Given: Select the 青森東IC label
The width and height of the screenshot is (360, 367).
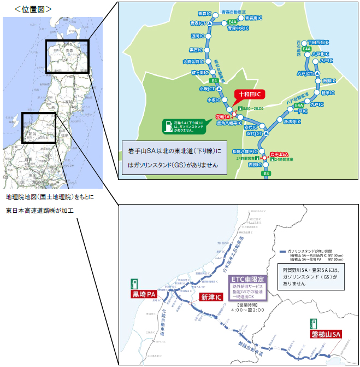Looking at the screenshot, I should click(252, 18).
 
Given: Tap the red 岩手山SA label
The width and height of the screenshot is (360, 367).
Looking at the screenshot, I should click(278, 155).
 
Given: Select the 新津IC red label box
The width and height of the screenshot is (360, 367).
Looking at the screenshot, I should click(212, 298).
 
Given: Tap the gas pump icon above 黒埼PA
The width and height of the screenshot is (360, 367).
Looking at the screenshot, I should click(133, 284).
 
